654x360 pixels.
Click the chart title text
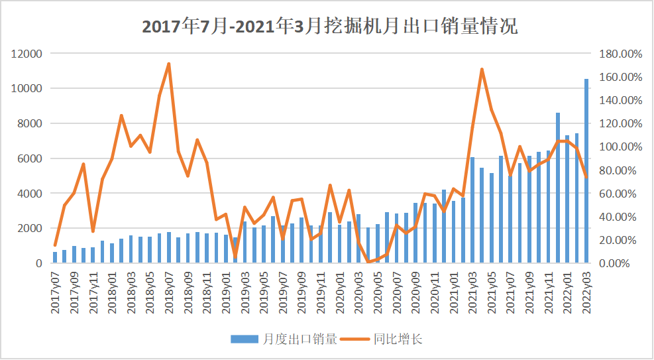(329, 27)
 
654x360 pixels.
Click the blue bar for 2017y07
(55, 257)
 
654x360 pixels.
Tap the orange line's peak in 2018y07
(169, 64)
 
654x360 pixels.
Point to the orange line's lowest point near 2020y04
(368, 262)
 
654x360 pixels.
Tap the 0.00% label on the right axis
(624, 263)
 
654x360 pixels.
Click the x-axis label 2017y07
(56, 289)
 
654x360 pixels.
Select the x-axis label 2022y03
(586, 289)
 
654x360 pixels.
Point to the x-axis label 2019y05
(264, 289)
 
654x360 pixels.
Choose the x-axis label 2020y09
(415, 289)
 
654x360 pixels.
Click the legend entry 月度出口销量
(300, 339)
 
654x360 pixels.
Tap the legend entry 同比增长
(398, 339)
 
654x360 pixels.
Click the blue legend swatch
(245, 339)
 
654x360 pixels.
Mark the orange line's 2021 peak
(482, 69)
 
